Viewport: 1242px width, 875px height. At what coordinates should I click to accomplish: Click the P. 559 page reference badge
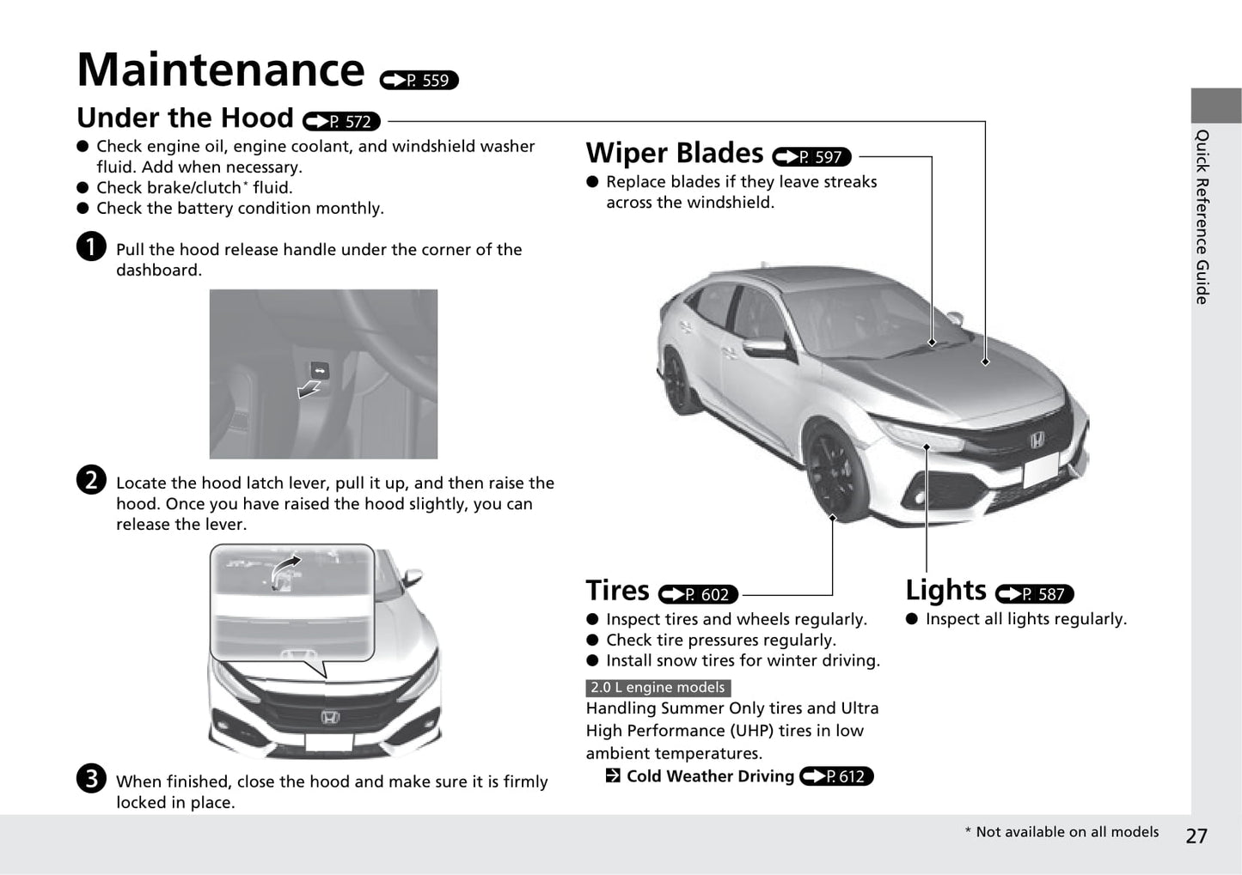point(419,81)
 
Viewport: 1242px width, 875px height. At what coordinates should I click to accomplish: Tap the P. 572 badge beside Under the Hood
point(341,121)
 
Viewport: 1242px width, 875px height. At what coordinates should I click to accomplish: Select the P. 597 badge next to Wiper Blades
point(811,157)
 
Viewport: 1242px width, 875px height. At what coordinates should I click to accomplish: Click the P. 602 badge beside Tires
point(698,594)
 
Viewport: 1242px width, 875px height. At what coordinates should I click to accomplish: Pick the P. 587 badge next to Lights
point(1035,593)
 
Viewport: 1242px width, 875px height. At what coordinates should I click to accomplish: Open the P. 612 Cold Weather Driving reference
point(836,776)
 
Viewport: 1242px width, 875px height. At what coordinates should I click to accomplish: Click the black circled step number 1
point(91,246)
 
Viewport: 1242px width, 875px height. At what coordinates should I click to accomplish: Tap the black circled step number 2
point(91,480)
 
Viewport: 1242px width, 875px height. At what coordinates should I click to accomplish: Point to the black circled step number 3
point(91,778)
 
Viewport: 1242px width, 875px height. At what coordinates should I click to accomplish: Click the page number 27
point(1196,836)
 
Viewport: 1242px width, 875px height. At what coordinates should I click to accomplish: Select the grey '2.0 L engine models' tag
point(658,688)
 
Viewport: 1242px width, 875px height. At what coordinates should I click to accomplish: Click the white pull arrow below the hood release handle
point(309,389)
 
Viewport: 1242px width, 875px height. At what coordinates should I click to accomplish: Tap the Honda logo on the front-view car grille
point(330,717)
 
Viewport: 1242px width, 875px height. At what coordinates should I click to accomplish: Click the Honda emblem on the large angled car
point(1037,441)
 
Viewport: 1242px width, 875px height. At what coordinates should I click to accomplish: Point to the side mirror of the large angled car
point(765,346)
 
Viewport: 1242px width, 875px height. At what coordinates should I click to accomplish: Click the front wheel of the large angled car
point(835,473)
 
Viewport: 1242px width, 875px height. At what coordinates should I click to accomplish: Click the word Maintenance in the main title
point(221,70)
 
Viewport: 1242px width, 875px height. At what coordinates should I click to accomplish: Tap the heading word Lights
point(946,590)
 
